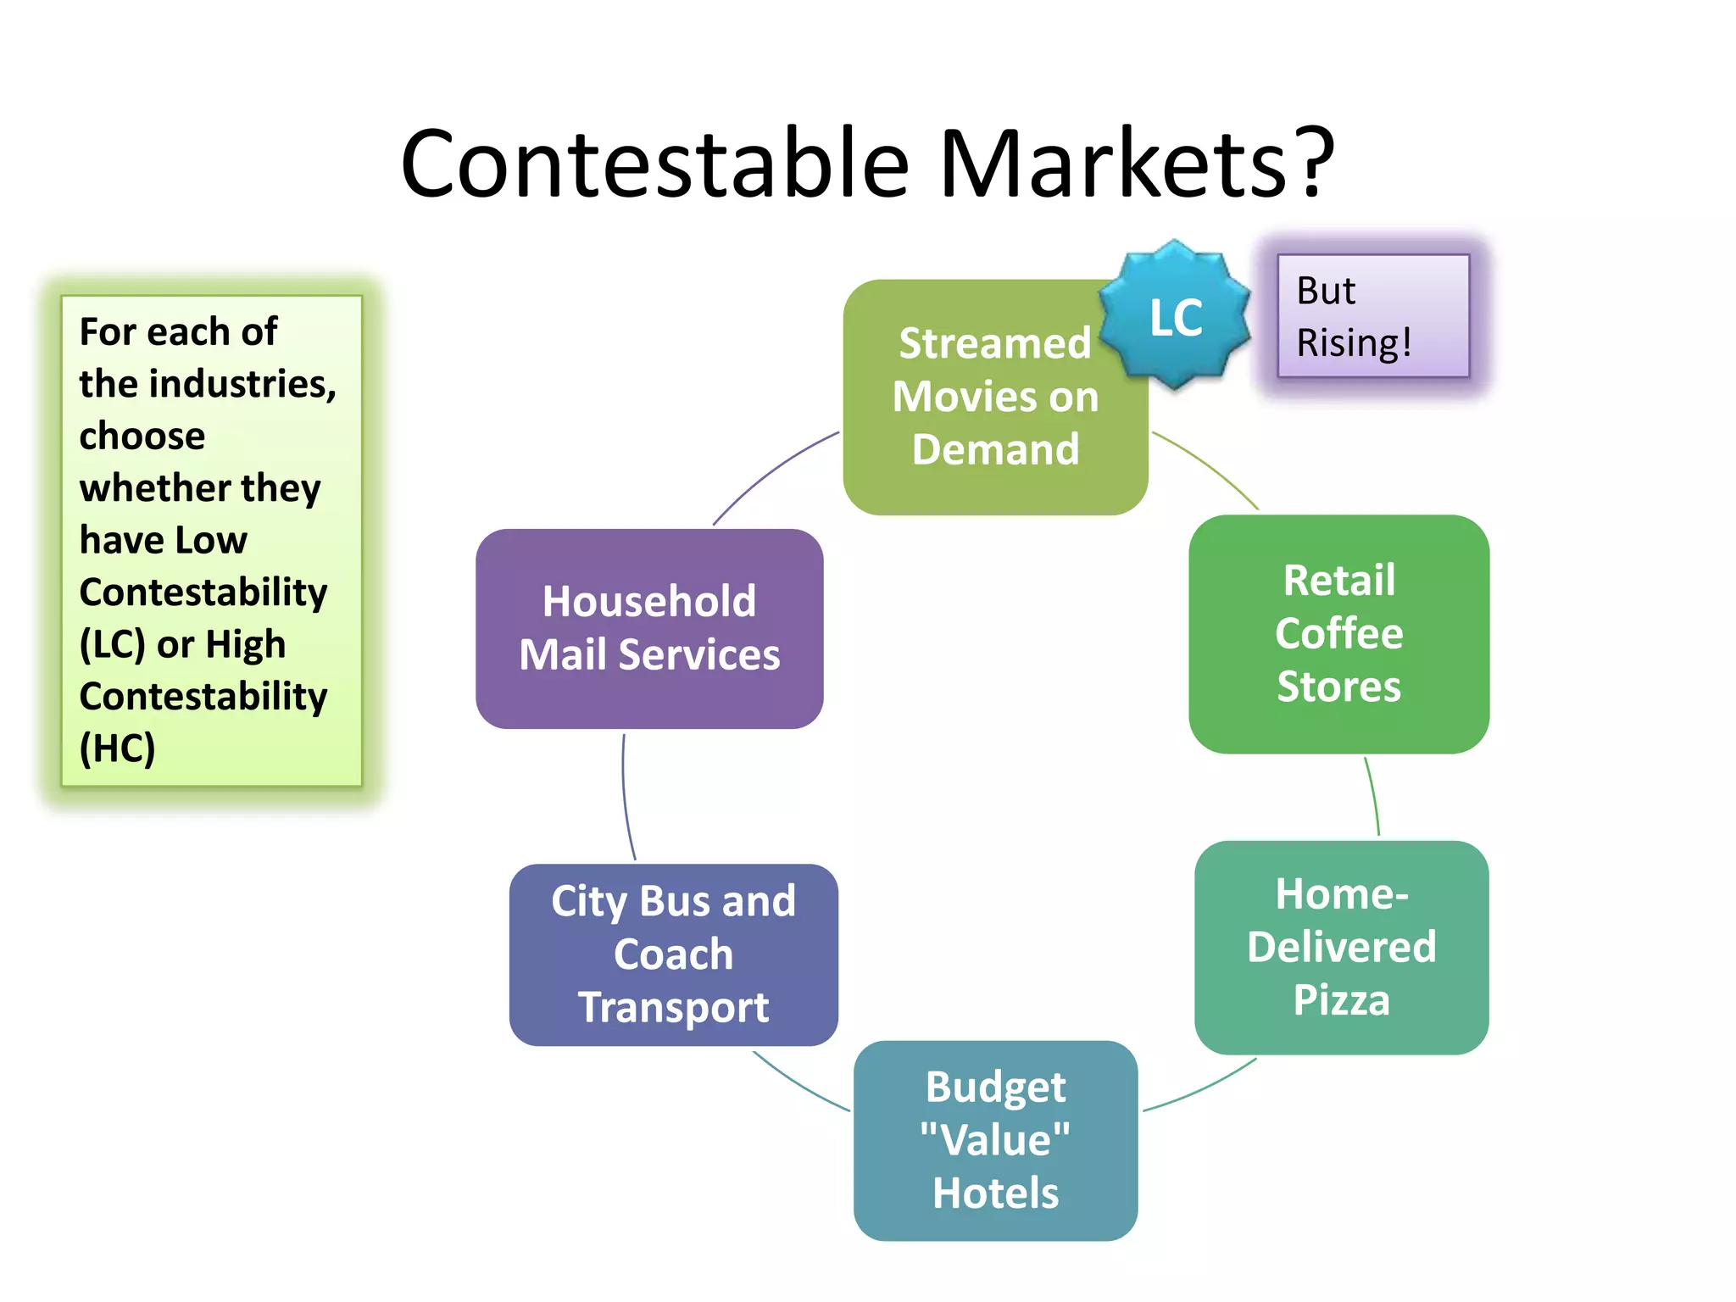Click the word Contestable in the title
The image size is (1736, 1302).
coord(654,163)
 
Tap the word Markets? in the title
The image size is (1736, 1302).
coord(1136,163)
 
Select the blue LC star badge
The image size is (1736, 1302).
coord(1175,316)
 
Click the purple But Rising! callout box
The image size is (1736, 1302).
coord(1373,315)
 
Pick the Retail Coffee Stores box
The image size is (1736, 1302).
coord(1338,633)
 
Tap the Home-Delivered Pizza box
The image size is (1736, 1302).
coord(1341,947)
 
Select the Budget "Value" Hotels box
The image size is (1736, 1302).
coord(995,1140)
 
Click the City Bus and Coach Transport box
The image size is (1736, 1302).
coord(673,954)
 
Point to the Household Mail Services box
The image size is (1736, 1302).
coord(649,628)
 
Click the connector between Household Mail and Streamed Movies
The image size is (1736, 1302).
coord(771,474)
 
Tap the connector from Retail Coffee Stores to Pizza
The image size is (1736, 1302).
coord(1374,797)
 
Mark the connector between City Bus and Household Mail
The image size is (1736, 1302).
coord(625,797)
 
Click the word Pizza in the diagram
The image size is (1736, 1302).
coord(1341,1000)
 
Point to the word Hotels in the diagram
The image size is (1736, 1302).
coord(995,1193)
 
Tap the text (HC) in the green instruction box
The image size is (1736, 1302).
coord(117,748)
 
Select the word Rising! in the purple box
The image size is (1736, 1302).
coord(1354,343)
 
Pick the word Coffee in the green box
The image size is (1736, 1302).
coord(1338,633)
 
